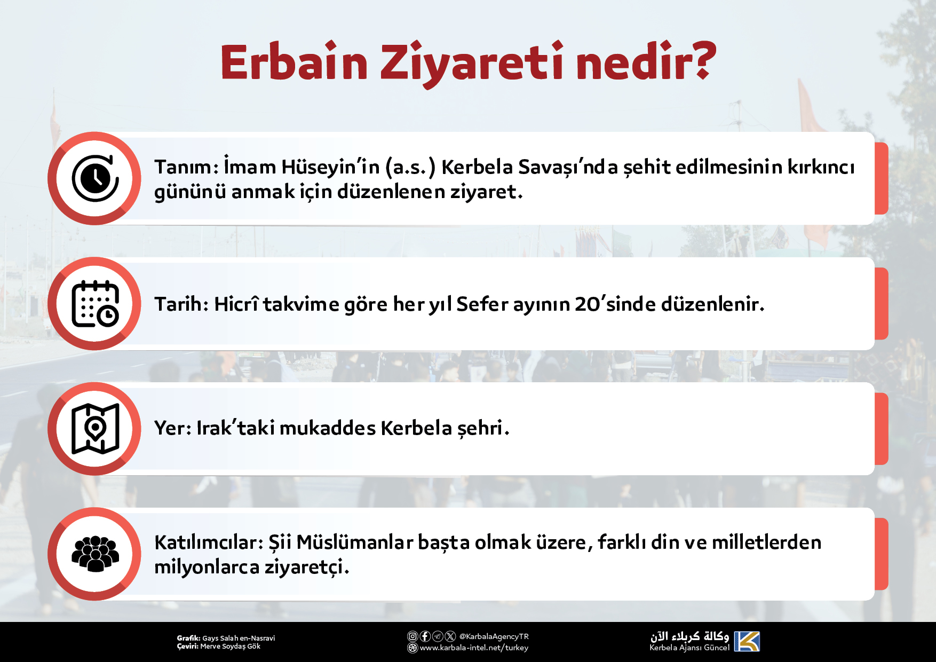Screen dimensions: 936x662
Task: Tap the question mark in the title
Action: click(x=699, y=60)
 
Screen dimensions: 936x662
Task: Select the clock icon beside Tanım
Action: click(x=96, y=178)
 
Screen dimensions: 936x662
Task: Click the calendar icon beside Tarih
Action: click(x=96, y=303)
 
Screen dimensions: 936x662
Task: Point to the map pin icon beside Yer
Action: click(x=96, y=429)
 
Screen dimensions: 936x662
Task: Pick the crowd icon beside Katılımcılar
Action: click(x=96, y=554)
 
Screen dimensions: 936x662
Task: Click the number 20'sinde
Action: click(x=615, y=304)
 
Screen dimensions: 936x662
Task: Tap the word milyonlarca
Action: click(x=207, y=567)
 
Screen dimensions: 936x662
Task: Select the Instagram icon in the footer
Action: click(x=413, y=636)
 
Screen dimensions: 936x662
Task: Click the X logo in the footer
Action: click(x=450, y=636)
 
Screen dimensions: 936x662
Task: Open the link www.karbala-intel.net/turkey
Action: click(x=474, y=648)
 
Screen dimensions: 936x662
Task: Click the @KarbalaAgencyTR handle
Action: click(x=494, y=636)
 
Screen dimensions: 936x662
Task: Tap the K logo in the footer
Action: click(x=747, y=641)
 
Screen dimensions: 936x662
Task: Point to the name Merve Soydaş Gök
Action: click(x=230, y=646)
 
